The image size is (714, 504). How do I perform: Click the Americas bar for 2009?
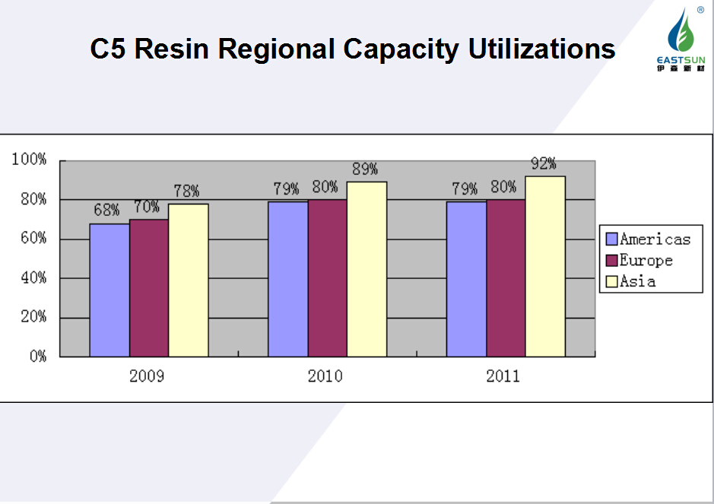[109, 290]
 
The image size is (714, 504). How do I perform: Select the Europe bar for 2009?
[149, 288]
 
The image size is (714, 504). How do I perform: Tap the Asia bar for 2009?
[189, 280]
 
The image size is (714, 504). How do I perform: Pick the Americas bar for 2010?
[288, 279]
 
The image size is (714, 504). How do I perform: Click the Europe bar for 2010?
[328, 278]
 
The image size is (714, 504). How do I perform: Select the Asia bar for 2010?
[367, 269]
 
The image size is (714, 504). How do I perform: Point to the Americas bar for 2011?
[466, 279]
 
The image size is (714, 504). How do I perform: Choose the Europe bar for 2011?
[506, 278]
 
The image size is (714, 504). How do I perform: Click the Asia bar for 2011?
[545, 266]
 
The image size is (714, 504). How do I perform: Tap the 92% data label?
[544, 164]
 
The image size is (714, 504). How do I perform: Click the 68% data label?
[107, 209]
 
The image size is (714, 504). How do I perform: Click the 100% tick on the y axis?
[30, 160]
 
